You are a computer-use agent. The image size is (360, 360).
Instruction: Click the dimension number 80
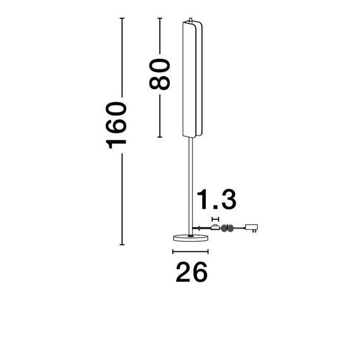pyautogui.click(x=160, y=75)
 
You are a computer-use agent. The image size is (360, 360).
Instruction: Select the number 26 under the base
pyautogui.click(x=190, y=273)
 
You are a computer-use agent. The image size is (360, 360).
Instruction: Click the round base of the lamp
pyautogui.click(x=190, y=237)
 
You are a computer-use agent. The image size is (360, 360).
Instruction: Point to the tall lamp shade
pyautogui.click(x=191, y=79)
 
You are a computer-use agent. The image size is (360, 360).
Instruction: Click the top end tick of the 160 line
pyautogui.click(x=122, y=20)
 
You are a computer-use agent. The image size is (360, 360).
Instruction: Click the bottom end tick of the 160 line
pyautogui.click(x=122, y=244)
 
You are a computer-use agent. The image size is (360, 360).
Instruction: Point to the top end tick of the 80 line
pyautogui.click(x=161, y=20)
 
